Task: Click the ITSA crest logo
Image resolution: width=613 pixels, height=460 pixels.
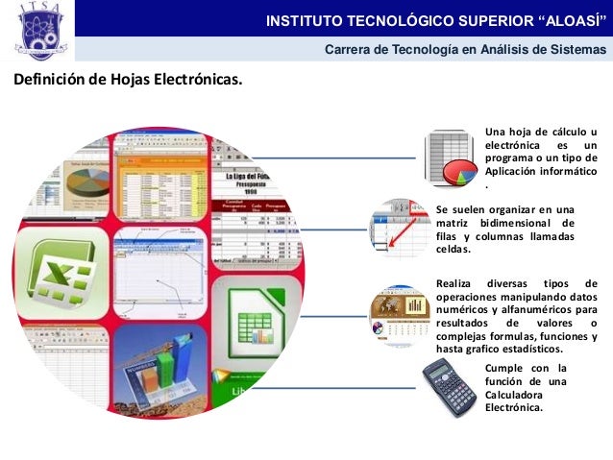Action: click(x=37, y=31)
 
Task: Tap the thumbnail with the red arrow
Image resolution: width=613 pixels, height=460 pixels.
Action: click(x=398, y=228)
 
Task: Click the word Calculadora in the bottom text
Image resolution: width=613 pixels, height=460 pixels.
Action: click(x=514, y=394)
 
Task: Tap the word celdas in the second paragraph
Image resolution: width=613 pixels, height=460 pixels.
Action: click(x=454, y=250)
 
